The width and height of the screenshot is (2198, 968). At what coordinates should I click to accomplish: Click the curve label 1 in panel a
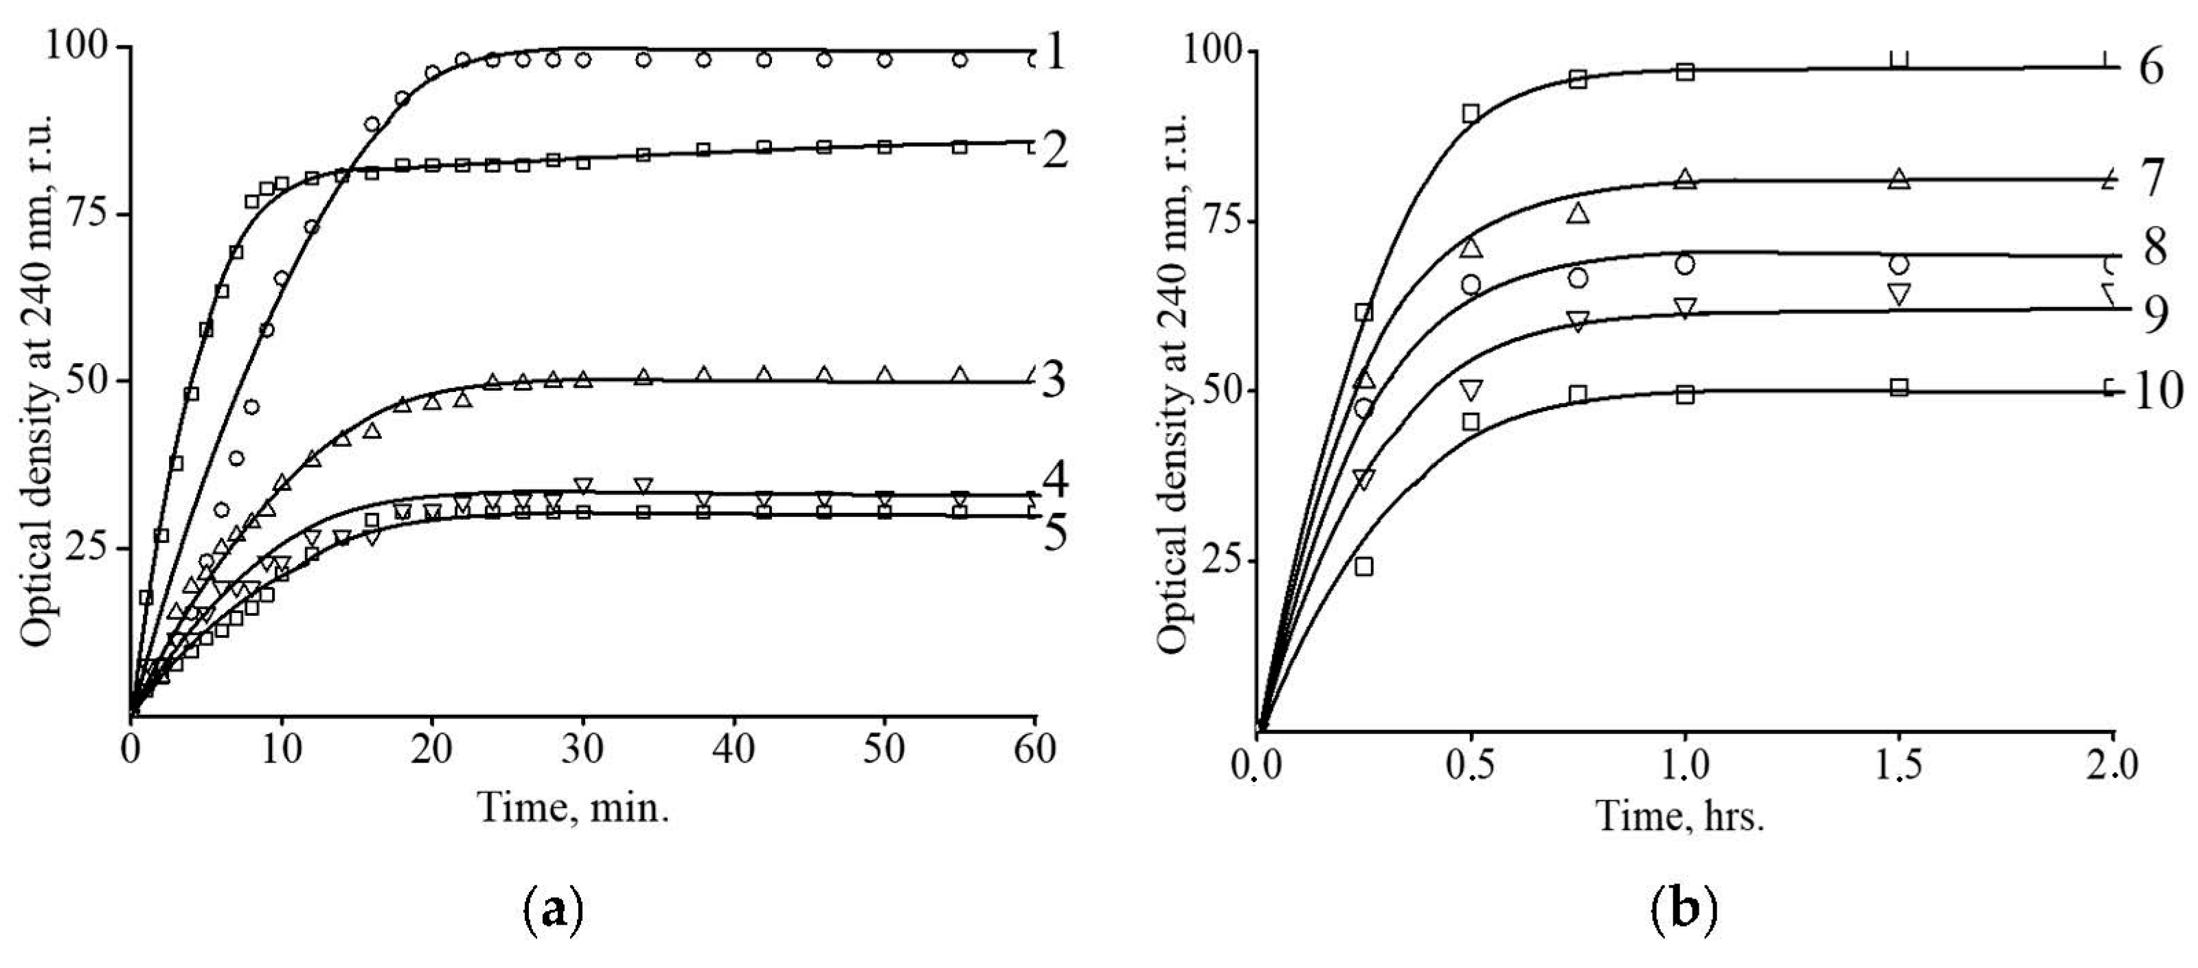pos(1056,56)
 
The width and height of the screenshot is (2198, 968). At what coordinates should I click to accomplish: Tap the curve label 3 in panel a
pos(1056,380)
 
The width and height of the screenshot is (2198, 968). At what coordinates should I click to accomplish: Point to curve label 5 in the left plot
pos(1056,535)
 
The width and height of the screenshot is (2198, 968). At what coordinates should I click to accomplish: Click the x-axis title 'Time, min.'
pos(574,806)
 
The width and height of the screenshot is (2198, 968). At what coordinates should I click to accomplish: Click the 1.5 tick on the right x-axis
pos(1899,766)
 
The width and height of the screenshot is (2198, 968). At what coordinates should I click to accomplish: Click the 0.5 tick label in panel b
pos(1470,766)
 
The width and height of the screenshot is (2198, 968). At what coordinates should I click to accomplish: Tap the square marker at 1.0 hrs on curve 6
pos(1684,71)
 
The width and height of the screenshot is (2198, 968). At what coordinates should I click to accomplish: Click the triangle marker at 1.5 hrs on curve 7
pos(1899,179)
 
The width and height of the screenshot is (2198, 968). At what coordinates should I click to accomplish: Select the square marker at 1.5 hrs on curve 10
pos(1899,387)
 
